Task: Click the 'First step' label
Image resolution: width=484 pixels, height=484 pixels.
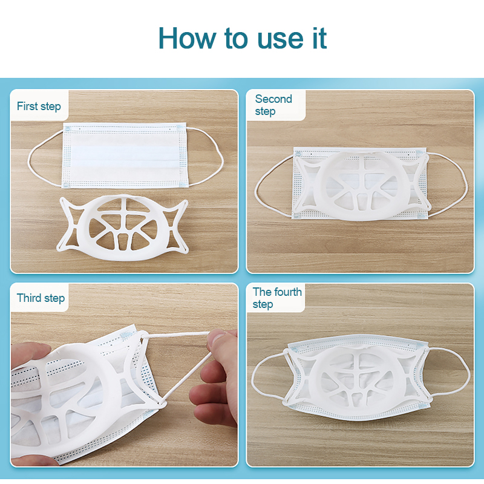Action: coord(39,106)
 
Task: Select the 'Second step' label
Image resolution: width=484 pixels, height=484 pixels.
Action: coord(273,105)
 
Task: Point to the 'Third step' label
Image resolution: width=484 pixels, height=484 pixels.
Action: coord(41,298)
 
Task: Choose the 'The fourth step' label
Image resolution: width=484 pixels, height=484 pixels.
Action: coord(277,298)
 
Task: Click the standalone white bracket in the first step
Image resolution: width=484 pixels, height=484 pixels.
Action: coord(123,227)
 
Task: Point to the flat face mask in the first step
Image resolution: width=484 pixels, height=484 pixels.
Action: coord(125,155)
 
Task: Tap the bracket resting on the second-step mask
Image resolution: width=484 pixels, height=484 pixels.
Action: coord(361,185)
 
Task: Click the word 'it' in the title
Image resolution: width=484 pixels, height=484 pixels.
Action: coord(319,38)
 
